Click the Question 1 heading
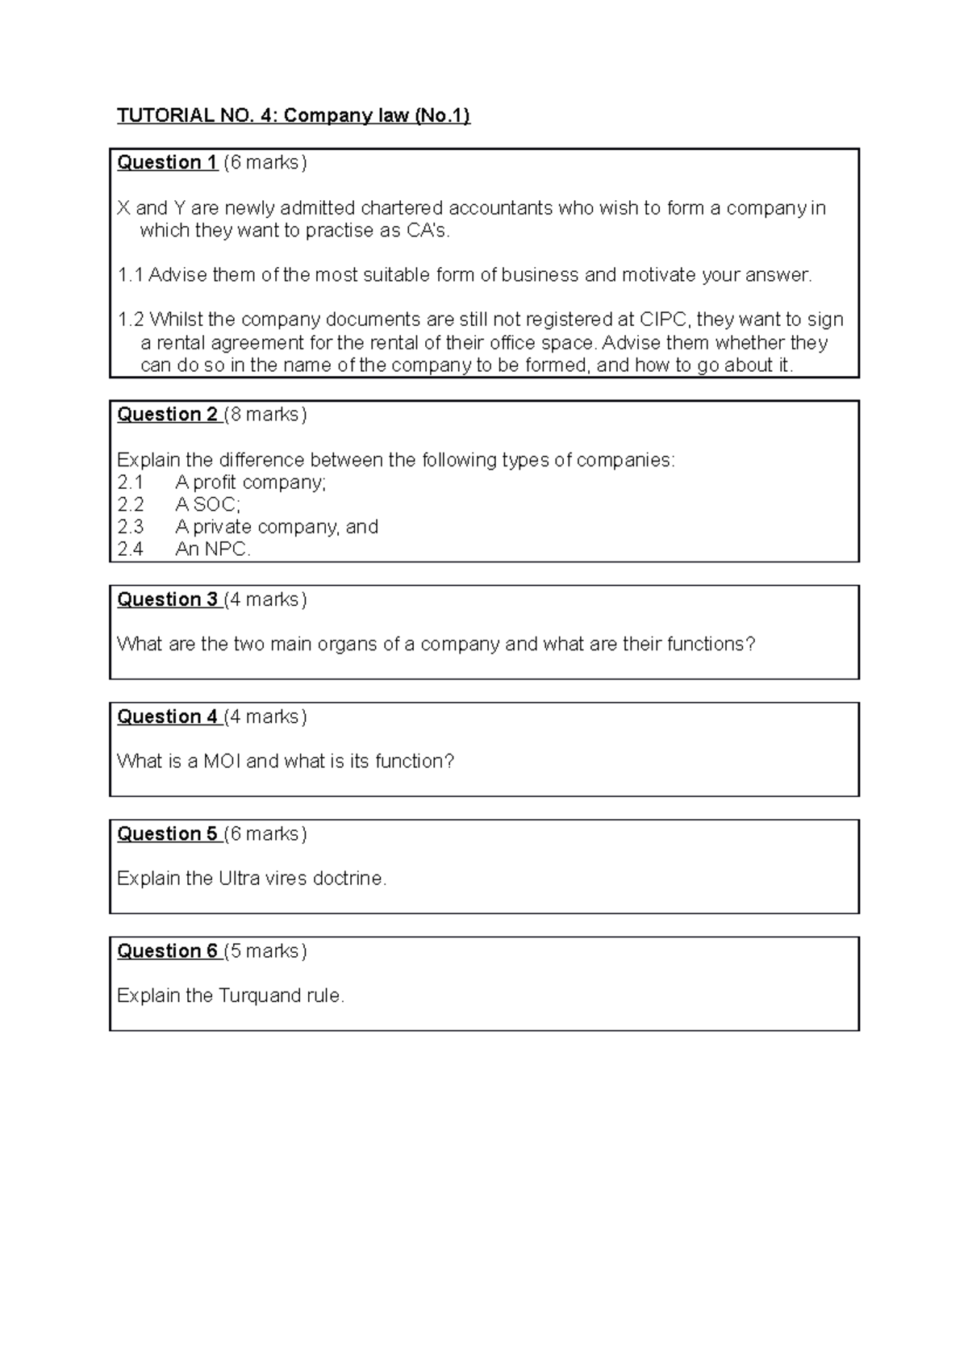click(167, 162)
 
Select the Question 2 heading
click(167, 414)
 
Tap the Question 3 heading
click(167, 599)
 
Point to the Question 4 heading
click(167, 716)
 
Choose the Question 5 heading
click(167, 833)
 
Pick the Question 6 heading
click(167, 950)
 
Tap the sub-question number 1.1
click(130, 275)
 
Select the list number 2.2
click(130, 505)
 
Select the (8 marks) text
click(266, 414)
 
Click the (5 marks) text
click(266, 950)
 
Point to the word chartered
click(401, 208)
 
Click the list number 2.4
click(130, 549)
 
